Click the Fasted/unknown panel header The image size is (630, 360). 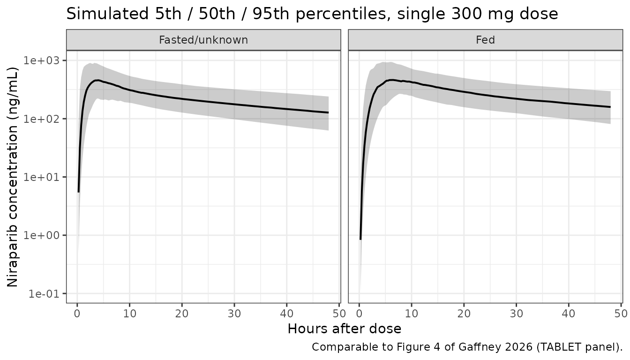pyautogui.click(x=203, y=40)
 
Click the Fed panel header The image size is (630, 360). pyautogui.click(x=486, y=40)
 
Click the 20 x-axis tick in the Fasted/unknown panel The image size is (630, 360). pyautogui.click(x=182, y=313)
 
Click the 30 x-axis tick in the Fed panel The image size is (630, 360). pyautogui.click(x=517, y=313)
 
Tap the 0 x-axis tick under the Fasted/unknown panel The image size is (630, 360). pyautogui.click(x=77, y=313)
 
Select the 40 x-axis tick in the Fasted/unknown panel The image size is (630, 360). pyautogui.click(x=286, y=313)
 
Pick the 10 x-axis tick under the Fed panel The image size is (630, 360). pyautogui.click(x=412, y=313)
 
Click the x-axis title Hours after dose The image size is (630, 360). pyautogui.click(x=345, y=329)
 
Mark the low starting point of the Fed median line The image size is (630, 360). pyautogui.click(x=360, y=239)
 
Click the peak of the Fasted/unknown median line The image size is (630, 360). pyautogui.click(x=97, y=81)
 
